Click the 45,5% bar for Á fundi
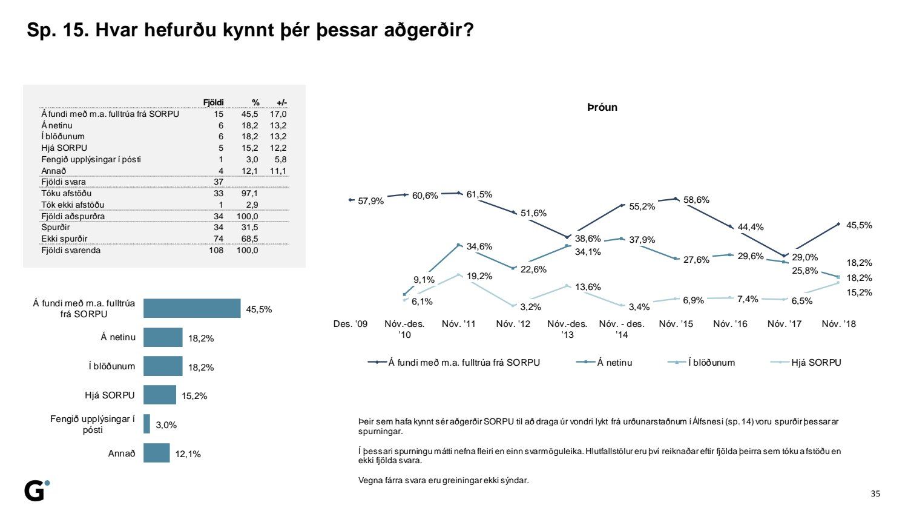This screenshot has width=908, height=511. [x=192, y=308]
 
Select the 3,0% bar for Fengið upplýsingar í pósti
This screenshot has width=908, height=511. [x=146, y=424]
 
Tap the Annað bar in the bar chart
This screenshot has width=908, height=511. [x=156, y=453]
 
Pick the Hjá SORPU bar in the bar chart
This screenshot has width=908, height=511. [x=160, y=395]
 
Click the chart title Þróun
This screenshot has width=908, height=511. [x=602, y=107]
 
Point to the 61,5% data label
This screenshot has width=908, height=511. [x=479, y=194]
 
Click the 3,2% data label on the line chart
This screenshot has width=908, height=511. [x=530, y=307]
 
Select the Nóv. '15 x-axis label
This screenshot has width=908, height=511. [x=676, y=324]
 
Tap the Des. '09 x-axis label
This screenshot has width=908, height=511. [x=350, y=324]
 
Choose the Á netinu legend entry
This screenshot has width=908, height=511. [x=614, y=363]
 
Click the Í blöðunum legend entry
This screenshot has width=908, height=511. [x=711, y=363]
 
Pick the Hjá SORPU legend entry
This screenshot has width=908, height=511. [x=816, y=363]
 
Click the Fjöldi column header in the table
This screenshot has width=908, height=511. [x=213, y=103]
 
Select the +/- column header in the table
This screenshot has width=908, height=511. [x=281, y=103]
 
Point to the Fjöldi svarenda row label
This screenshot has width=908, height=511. [x=71, y=250]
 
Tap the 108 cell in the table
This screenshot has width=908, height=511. [x=216, y=250]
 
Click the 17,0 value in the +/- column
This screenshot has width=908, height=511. [x=278, y=114]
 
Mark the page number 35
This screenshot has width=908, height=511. [x=875, y=493]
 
